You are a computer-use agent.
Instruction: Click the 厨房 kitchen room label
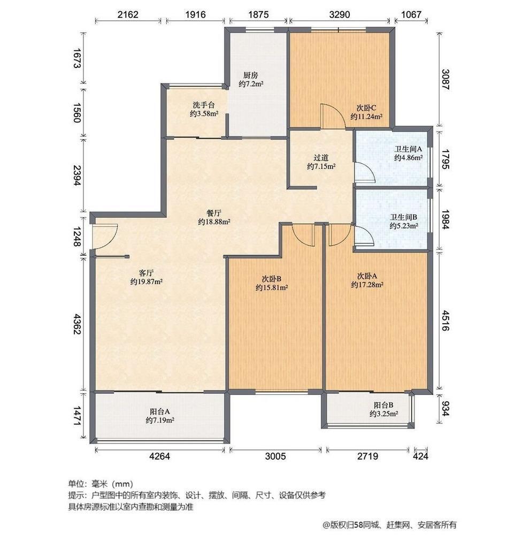(x=251, y=75)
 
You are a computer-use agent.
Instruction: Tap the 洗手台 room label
(x=204, y=105)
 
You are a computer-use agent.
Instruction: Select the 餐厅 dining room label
(x=214, y=213)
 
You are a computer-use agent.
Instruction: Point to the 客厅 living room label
(x=146, y=273)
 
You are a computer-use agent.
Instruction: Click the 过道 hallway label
(x=321, y=158)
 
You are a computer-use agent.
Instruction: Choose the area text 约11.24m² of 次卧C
(x=366, y=117)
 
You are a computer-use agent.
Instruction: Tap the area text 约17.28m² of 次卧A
(x=367, y=285)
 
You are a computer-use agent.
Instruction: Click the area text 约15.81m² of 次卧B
(x=272, y=288)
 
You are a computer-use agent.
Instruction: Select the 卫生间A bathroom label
(x=408, y=149)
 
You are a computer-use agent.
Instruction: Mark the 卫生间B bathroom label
(x=404, y=217)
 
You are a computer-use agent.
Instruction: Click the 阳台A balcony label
(x=160, y=411)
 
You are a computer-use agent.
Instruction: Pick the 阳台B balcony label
(x=383, y=405)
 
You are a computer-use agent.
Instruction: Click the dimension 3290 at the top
(x=340, y=14)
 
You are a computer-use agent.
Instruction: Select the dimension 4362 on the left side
(x=78, y=325)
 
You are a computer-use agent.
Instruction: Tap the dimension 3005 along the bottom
(x=275, y=456)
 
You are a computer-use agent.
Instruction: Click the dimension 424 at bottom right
(x=420, y=456)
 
